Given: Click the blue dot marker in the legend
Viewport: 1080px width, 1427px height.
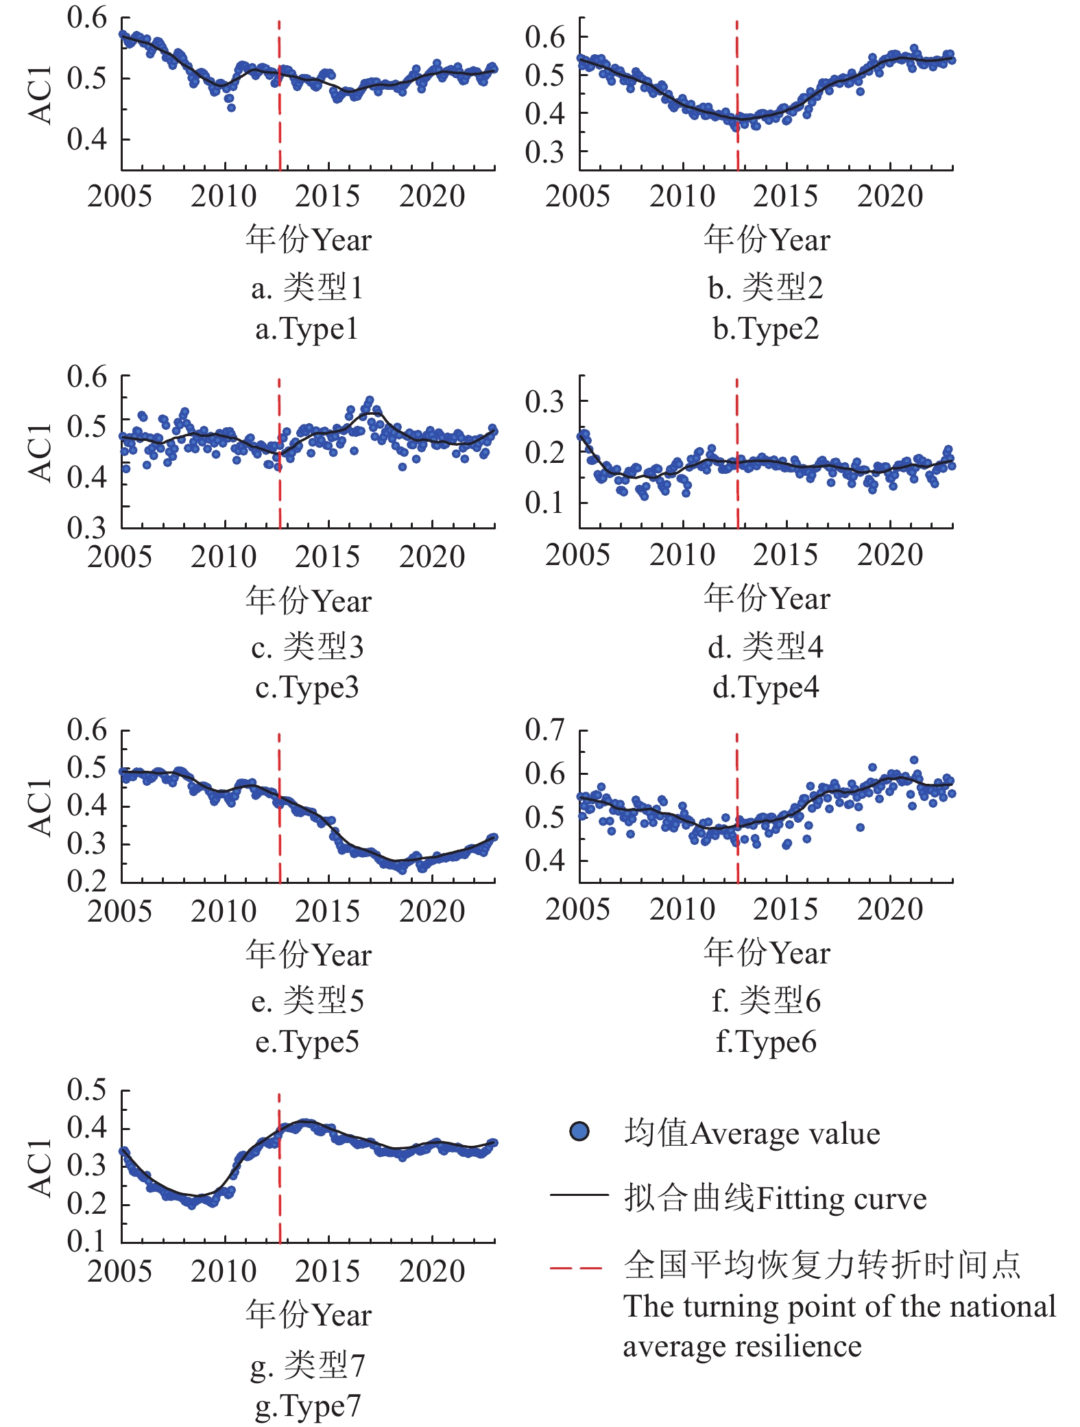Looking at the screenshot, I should click(579, 1132).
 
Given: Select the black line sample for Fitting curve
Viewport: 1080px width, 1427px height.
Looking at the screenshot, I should click(579, 1195).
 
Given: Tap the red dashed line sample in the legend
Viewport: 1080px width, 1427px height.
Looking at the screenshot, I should click(577, 1268).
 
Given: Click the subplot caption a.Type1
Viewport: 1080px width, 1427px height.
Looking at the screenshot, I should click(307, 329).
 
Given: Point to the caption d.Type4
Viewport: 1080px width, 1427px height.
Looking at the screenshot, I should click(766, 687).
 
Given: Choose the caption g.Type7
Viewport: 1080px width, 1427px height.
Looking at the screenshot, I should click(307, 1406).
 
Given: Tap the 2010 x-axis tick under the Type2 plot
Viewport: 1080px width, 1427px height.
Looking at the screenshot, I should click(682, 197).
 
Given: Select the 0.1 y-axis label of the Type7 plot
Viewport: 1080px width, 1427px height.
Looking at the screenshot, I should click(86, 1241).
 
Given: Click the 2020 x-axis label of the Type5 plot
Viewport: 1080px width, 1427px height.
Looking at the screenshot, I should click(432, 911).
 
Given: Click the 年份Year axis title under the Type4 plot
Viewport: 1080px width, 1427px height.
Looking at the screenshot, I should click(767, 598).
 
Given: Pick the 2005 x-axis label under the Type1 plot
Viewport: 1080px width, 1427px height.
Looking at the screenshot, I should click(119, 197).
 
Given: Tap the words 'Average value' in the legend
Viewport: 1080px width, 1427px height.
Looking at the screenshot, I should click(785, 1134).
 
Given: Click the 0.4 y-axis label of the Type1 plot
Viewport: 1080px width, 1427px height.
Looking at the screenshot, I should click(86, 139).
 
